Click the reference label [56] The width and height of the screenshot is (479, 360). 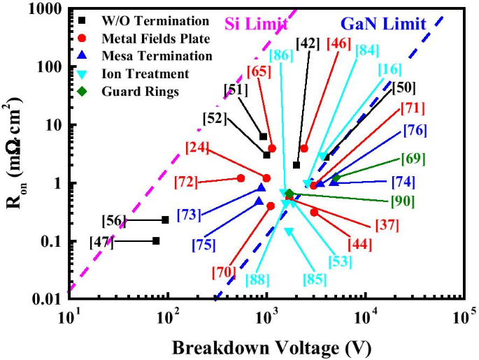pos(113,221)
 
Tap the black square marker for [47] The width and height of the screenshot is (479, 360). pos(156,240)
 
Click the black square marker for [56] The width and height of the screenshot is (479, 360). pos(165,219)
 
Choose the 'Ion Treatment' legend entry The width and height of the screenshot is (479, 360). pos(135,73)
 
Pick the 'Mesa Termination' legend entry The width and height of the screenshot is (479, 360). pos(147,56)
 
